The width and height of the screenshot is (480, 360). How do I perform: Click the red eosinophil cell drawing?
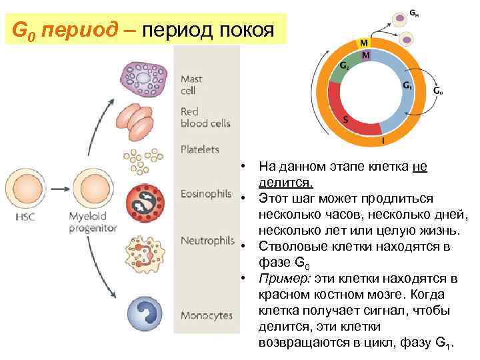pyautogui.click(x=143, y=203)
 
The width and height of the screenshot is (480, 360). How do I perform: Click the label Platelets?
pyautogui.click(x=200, y=149)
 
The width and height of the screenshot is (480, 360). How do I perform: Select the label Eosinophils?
pyautogui.click(x=206, y=194)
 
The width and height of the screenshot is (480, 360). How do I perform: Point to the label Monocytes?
pyautogui.click(x=207, y=315)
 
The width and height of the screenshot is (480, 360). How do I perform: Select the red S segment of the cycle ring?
pyautogui.click(x=347, y=120)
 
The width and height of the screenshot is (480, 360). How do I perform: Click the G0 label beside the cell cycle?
pyautogui.click(x=438, y=91)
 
